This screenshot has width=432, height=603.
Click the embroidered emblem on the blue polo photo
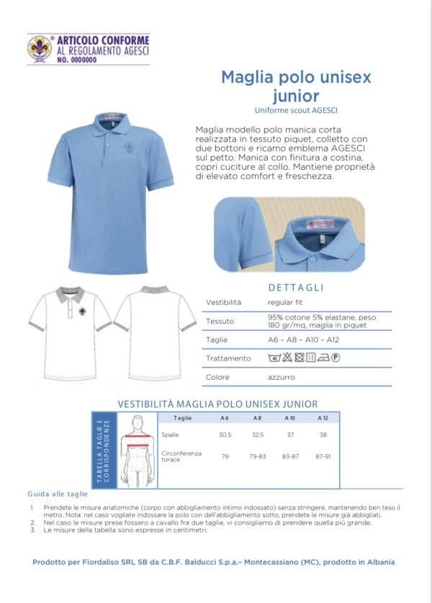[130, 148]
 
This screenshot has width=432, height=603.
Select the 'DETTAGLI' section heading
[296, 287]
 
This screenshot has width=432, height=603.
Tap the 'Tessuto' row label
[220, 321]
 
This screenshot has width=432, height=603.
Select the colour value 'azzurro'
[282, 377]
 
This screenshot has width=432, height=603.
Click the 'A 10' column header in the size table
[289, 417]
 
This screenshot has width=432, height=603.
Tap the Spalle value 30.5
[225, 435]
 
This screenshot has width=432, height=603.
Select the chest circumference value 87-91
[323, 457]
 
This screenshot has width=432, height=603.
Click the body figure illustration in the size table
[133, 451]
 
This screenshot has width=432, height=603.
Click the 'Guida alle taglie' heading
[58, 494]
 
